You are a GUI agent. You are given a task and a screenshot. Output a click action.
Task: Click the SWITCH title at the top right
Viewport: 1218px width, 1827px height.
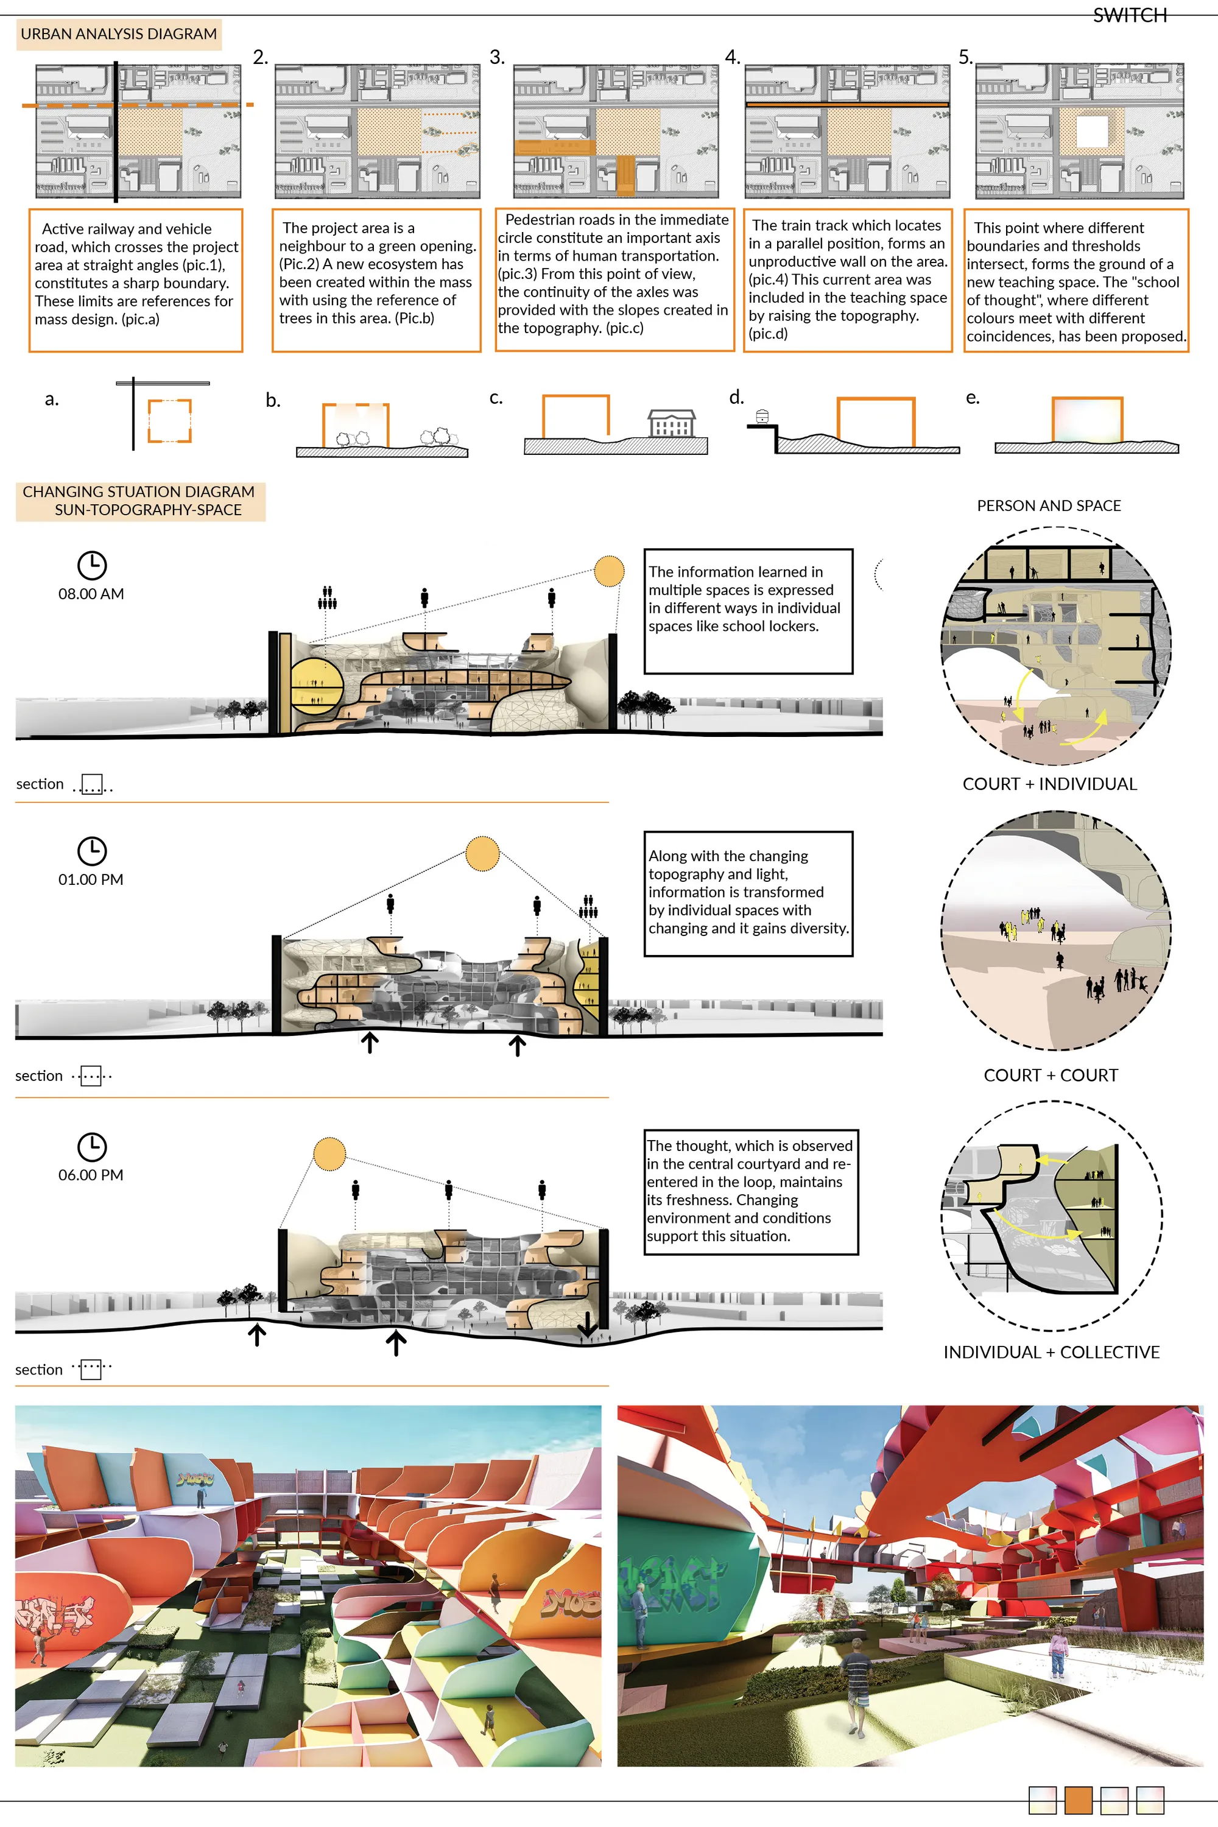(x=1130, y=16)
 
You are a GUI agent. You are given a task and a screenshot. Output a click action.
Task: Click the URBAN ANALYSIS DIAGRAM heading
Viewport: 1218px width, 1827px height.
(x=119, y=34)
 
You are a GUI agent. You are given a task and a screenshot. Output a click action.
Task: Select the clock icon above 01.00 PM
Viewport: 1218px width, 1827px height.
(x=92, y=851)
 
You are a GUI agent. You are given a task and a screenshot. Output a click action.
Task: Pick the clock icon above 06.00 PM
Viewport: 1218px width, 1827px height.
(x=92, y=1147)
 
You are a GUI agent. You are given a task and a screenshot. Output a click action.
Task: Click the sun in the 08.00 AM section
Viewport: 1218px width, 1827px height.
(x=609, y=571)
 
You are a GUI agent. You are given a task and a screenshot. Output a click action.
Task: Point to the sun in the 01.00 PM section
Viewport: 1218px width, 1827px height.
(x=482, y=854)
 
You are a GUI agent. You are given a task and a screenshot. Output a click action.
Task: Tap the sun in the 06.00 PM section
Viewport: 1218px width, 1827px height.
(x=329, y=1154)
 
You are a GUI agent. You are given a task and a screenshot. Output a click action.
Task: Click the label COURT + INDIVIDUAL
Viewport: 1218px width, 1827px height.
(x=1049, y=784)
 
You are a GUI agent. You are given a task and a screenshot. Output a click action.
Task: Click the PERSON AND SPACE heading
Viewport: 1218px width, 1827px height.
(x=1049, y=505)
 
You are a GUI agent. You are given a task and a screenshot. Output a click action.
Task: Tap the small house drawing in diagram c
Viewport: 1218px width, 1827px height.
(x=672, y=423)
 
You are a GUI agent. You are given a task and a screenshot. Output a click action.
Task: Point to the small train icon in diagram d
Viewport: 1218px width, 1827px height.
(x=762, y=417)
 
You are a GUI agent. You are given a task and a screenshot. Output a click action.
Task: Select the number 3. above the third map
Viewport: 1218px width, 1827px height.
(x=497, y=57)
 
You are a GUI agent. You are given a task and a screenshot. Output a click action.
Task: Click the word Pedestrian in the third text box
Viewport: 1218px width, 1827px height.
(x=542, y=220)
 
